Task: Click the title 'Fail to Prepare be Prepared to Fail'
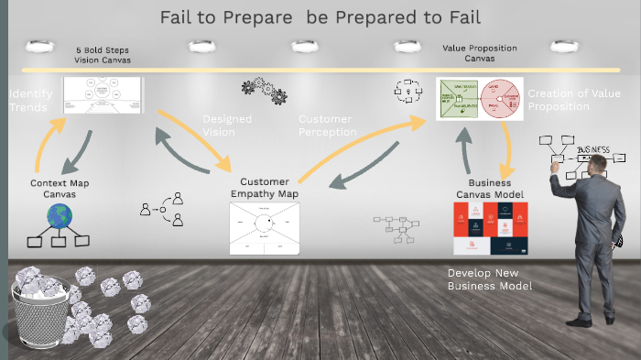click(x=320, y=16)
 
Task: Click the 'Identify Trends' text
click(x=28, y=101)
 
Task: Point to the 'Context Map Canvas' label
click(x=60, y=189)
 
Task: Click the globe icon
click(x=60, y=217)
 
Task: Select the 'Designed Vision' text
click(x=226, y=125)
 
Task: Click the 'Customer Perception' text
click(x=327, y=125)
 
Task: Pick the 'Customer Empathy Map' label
click(x=264, y=188)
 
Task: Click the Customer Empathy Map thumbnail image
click(x=264, y=228)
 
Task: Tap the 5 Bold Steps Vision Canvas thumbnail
click(x=103, y=95)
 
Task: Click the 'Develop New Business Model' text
click(x=489, y=279)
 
